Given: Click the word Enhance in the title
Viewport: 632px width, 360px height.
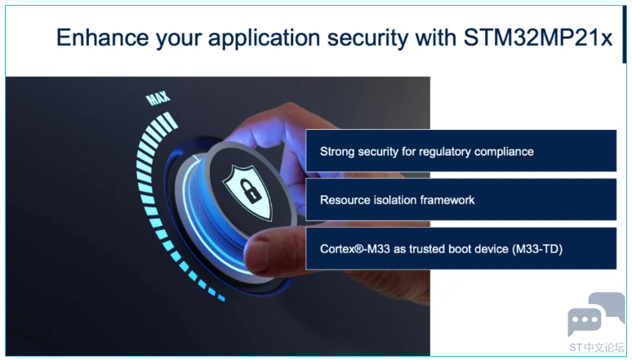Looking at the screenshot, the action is point(103,38).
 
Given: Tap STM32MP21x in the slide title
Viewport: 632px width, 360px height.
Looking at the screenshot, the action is point(538,38).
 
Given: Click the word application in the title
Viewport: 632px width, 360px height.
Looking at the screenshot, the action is point(265,38).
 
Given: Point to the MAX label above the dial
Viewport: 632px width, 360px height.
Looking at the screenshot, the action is point(158,98).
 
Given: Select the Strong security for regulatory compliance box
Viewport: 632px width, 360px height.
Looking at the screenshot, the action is point(461,151).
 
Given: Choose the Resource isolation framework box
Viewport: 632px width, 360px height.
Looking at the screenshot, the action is point(461,199).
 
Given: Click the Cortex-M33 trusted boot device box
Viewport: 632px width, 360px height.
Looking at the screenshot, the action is point(461,249).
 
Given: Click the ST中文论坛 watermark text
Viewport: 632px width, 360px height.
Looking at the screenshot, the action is point(597,348).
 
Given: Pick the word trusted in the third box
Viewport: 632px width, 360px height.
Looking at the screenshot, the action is point(428,249).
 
